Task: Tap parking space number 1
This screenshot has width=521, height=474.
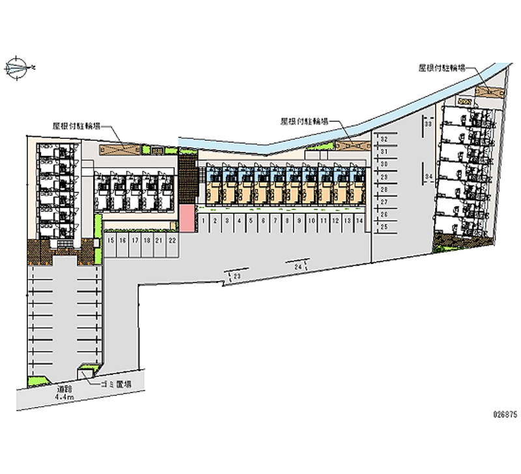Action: [204, 221]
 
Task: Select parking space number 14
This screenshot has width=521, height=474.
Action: [360, 221]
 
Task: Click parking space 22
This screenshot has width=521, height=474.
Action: [172, 241]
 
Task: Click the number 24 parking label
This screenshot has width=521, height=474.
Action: [298, 267]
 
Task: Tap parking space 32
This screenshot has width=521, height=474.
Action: [384, 140]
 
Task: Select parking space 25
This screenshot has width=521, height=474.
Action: [384, 226]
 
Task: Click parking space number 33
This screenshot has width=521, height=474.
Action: [428, 123]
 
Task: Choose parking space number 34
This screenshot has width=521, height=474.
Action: [428, 177]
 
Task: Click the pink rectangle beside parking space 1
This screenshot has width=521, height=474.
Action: [188, 218]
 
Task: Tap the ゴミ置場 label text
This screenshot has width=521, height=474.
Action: [116, 385]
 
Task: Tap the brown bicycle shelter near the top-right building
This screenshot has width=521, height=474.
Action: [489, 92]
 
